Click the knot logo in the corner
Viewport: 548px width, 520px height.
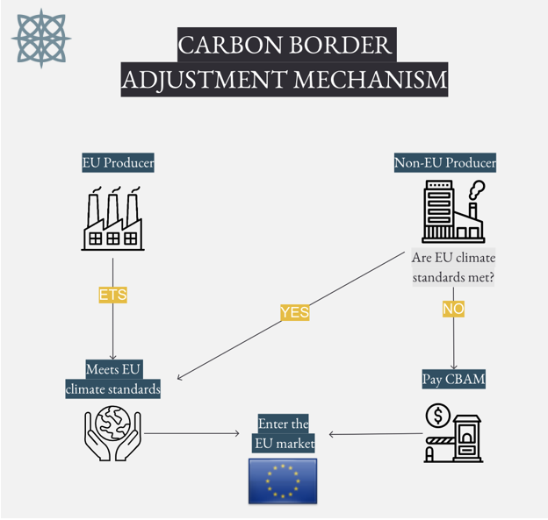pos(41,39)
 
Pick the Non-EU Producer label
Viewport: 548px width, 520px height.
pos(444,162)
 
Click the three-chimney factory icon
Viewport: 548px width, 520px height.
pos(112,218)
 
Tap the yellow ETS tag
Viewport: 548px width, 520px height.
pos(112,296)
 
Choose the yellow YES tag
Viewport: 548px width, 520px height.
pos(294,312)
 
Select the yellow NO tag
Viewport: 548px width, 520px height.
pos(453,309)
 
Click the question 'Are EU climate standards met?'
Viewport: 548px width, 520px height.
pos(453,267)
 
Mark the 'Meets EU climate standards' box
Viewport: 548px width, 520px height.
pos(112,379)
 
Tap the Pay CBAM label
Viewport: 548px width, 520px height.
pos(453,379)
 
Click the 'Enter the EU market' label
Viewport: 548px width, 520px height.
pos(283,434)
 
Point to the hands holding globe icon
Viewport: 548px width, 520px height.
pos(112,431)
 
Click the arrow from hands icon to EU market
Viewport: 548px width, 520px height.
pos(191,432)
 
